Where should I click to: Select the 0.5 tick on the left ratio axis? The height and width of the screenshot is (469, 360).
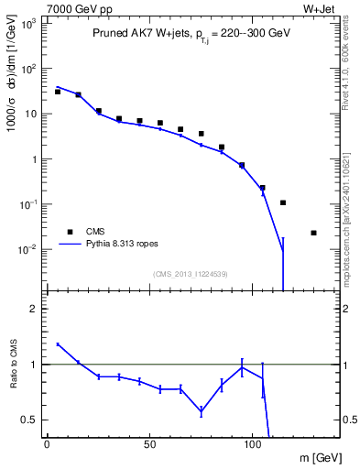[x=30, y=420]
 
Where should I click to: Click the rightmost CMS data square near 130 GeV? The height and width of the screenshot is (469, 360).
[x=313, y=233]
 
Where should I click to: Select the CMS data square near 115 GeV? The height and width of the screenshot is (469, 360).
[x=283, y=202]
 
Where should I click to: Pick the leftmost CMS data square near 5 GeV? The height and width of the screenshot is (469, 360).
[x=58, y=92]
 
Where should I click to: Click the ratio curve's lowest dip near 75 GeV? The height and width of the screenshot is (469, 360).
[x=201, y=411]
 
